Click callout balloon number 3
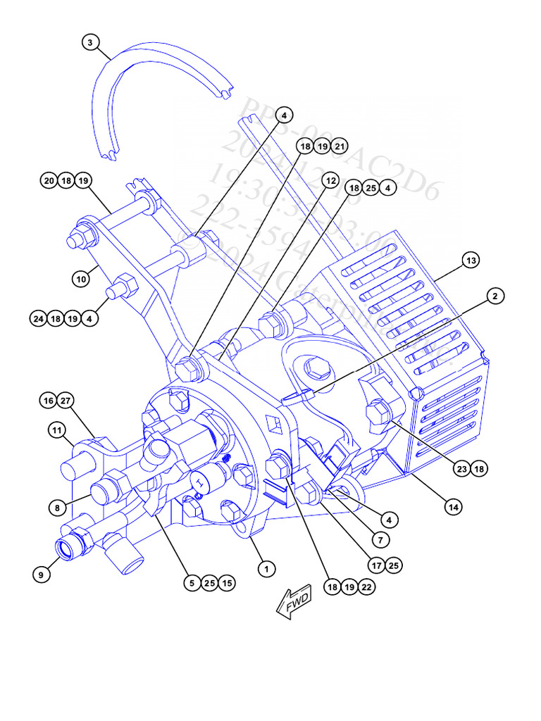click(x=89, y=42)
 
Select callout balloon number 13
click(x=471, y=261)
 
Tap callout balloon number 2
click(x=495, y=296)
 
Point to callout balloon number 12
click(x=330, y=181)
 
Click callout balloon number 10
click(x=82, y=279)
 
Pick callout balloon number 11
click(x=57, y=429)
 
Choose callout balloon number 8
click(x=57, y=506)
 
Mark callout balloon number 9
click(x=42, y=575)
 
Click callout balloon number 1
click(x=266, y=568)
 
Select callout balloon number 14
click(x=454, y=506)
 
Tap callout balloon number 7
click(x=380, y=540)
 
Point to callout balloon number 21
click(x=340, y=146)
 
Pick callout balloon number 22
click(x=366, y=587)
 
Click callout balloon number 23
click(x=462, y=468)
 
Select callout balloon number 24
click(x=38, y=318)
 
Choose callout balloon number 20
click(x=49, y=181)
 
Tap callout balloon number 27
click(x=66, y=401)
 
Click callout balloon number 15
click(x=226, y=583)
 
